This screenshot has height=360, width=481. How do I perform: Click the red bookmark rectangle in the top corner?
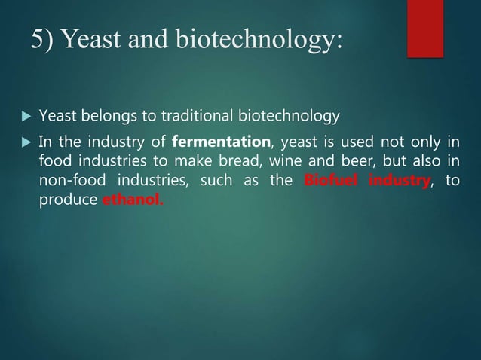tap(425, 27)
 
